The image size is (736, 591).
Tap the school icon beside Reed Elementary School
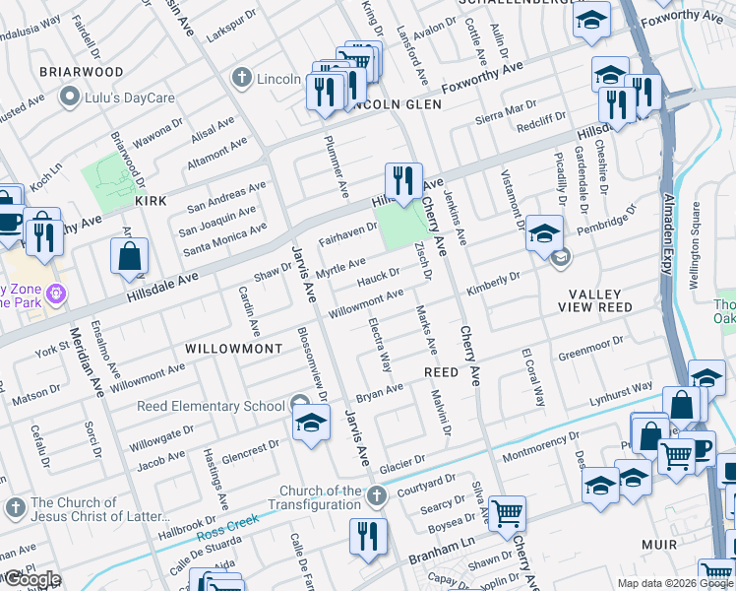click(311, 424)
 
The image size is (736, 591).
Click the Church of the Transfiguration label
click(320, 497)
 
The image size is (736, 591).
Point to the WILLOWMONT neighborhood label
click(233, 349)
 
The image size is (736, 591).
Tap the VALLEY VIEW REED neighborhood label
click(601, 300)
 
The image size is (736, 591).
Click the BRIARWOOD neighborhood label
click(81, 72)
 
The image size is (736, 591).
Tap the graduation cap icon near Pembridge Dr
click(543, 233)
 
